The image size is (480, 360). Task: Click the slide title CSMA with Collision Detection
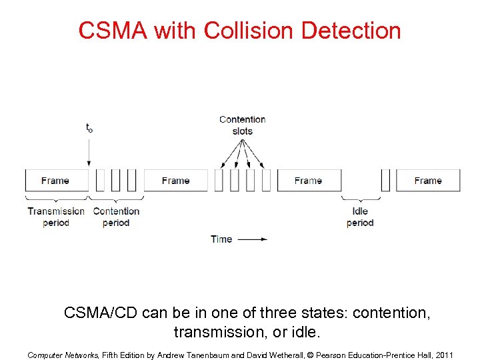click(x=239, y=31)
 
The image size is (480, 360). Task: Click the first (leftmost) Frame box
click(x=56, y=180)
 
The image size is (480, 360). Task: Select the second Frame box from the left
click(x=175, y=180)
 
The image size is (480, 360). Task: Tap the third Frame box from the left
click(x=309, y=180)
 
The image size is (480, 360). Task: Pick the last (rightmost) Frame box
click(x=428, y=180)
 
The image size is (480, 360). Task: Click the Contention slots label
click(x=243, y=125)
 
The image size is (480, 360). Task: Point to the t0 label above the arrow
click(x=89, y=127)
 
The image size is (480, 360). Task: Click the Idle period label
click(x=360, y=217)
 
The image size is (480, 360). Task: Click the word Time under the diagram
click(x=221, y=239)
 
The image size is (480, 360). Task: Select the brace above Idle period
click(x=361, y=199)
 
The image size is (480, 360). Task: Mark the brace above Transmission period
click(x=56, y=199)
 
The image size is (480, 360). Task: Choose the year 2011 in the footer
click(x=443, y=355)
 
